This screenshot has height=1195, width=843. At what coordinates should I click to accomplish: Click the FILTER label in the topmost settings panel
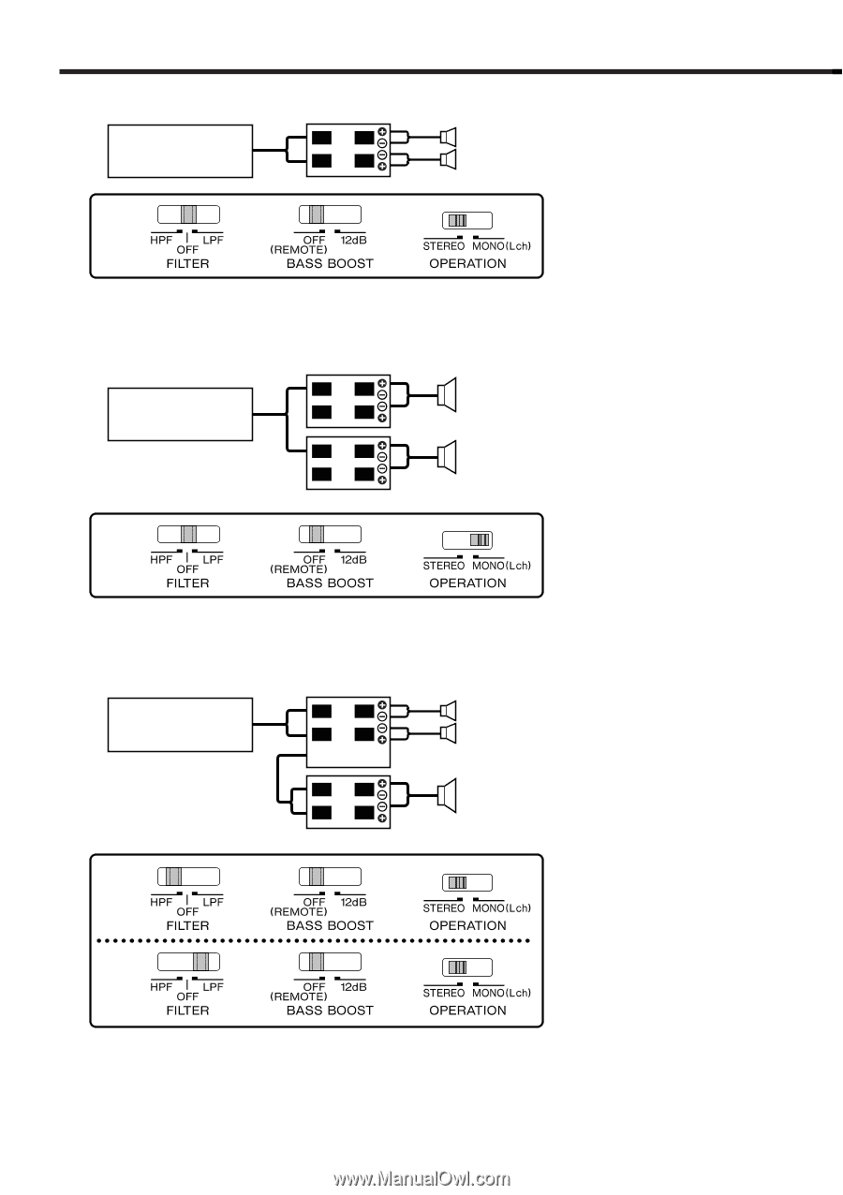pos(187,263)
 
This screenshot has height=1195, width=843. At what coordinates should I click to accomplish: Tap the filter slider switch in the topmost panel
pos(188,213)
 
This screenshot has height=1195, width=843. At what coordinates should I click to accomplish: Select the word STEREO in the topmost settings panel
pos(443,246)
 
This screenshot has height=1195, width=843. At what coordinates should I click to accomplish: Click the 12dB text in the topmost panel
pos(353,241)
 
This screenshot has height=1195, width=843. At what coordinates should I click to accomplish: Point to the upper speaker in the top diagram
pos(448,137)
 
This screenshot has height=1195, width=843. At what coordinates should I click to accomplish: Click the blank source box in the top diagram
pos(180,150)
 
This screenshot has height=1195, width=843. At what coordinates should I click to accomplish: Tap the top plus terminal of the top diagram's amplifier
pos(382,132)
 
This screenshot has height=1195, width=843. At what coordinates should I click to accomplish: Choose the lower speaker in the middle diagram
pos(447,456)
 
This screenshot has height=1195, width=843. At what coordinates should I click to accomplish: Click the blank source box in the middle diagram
pos(180,413)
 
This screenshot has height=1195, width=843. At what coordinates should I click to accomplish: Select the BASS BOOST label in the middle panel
pos(330,583)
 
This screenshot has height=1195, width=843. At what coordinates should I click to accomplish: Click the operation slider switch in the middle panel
pos(466,539)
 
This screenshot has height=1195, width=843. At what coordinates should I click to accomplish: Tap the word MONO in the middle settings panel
pos(488,566)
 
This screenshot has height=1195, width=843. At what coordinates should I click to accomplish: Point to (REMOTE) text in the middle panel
pos(298,568)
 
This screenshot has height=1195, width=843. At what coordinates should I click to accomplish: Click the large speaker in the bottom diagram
pos(447,794)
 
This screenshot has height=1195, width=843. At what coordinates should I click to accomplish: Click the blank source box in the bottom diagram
pos(180,724)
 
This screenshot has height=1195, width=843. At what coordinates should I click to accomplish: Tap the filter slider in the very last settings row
pos(188,961)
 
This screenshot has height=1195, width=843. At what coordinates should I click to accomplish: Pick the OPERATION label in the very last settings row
pos(467,1011)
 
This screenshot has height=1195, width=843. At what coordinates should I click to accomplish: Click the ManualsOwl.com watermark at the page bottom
pos(422,1180)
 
